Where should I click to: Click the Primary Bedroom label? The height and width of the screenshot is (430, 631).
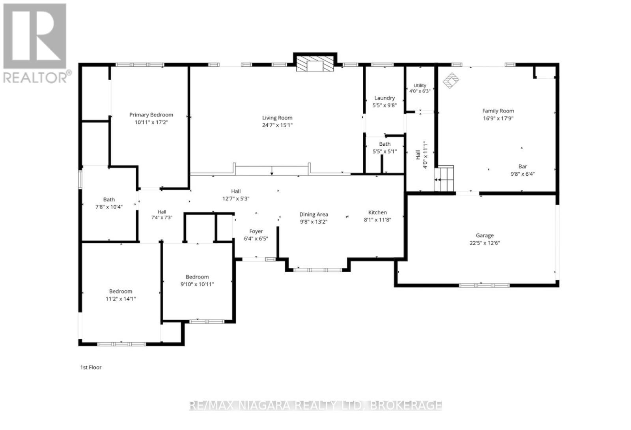click(151, 115)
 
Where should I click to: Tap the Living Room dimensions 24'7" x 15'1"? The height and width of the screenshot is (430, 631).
click(277, 125)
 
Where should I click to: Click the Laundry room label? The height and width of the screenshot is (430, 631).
click(384, 98)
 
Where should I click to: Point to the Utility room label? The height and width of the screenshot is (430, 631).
click(420, 85)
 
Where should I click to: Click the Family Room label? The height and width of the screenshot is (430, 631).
click(498, 111)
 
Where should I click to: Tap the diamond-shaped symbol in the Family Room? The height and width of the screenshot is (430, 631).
click(451, 81)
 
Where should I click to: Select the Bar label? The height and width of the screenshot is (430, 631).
click(523, 166)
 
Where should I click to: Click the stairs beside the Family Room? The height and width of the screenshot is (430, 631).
click(444, 178)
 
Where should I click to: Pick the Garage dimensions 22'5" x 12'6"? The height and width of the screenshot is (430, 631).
click(485, 243)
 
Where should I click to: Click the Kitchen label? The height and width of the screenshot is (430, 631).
click(377, 212)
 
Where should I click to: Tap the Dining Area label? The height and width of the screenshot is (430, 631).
click(314, 214)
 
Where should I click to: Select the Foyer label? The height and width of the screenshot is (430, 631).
click(256, 231)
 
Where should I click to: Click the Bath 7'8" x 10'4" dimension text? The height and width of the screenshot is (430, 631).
click(109, 207)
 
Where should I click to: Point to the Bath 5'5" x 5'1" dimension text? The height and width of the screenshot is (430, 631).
click(385, 151)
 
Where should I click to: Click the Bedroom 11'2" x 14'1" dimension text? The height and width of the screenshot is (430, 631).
click(121, 299)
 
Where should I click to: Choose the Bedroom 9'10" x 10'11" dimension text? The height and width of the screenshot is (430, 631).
click(197, 284)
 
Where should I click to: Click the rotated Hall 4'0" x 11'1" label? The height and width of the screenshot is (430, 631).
click(422, 155)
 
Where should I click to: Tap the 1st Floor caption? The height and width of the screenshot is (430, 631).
click(91, 367)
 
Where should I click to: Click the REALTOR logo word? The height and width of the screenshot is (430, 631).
click(35, 77)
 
